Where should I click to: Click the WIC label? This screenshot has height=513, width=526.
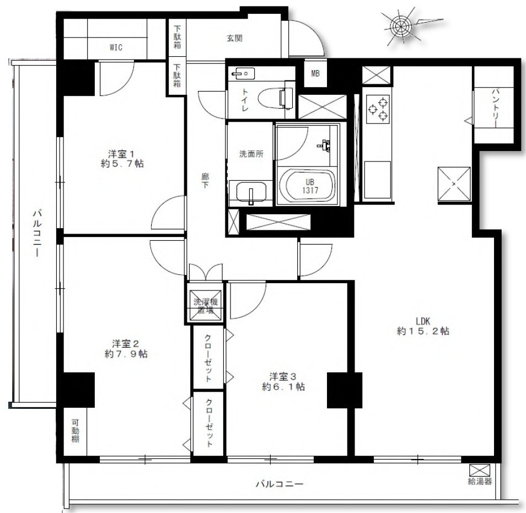(x=116, y=47)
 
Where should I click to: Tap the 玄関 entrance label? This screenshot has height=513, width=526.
(x=234, y=38)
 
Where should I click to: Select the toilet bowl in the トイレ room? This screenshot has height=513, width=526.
(x=275, y=98)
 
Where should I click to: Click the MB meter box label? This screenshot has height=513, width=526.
(x=315, y=73)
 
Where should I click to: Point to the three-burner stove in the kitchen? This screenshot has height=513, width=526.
(x=378, y=109)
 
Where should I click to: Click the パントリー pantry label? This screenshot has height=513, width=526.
(x=496, y=108)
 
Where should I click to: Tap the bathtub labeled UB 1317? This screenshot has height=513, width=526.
(x=307, y=186)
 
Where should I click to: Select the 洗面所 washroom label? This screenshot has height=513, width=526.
(x=251, y=154)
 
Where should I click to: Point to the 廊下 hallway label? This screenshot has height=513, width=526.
(x=205, y=180)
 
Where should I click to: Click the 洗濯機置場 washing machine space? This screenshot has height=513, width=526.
(x=205, y=306)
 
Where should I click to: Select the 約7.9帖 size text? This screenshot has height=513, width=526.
(x=126, y=354)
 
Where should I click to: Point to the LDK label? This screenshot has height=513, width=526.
(x=423, y=321)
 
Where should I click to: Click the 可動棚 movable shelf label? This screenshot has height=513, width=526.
(x=75, y=430)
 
